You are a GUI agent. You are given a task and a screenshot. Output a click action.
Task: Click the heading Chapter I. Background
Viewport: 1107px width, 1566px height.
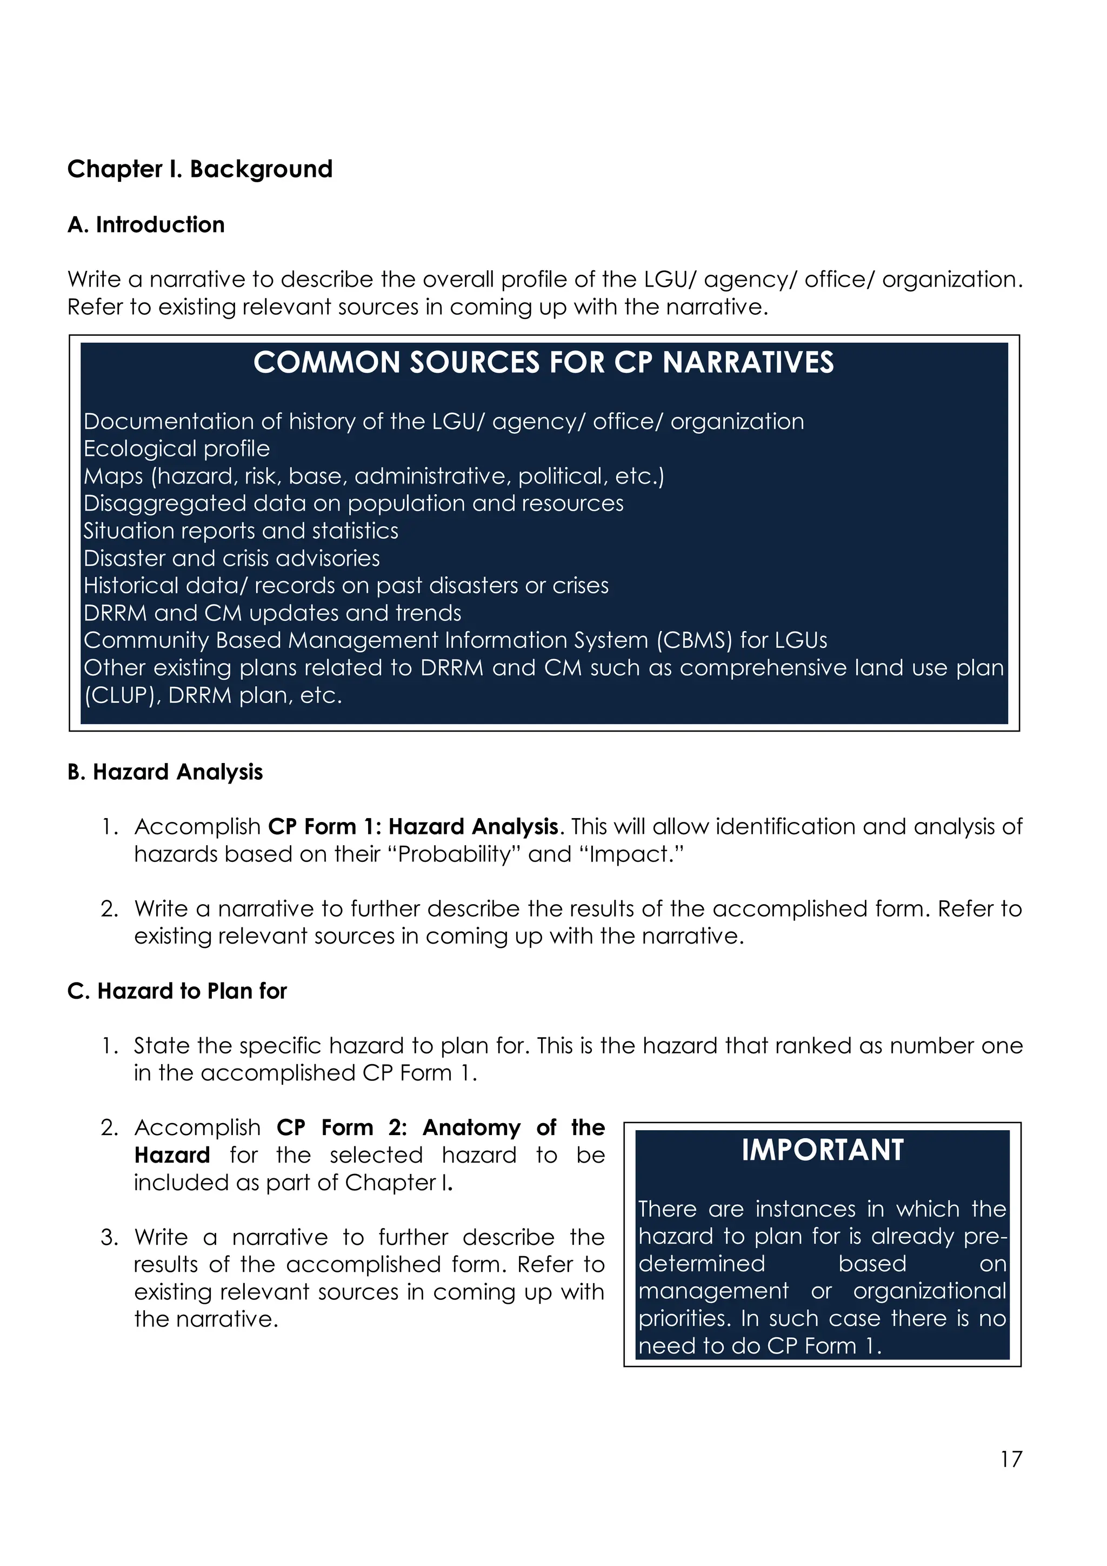click(x=199, y=169)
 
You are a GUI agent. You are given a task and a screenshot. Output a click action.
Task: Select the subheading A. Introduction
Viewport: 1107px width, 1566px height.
click(x=146, y=225)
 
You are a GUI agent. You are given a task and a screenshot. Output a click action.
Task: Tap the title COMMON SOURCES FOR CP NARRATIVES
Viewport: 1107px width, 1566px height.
click(x=543, y=363)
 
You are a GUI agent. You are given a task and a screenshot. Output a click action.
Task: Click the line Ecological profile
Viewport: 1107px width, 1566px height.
click(x=177, y=449)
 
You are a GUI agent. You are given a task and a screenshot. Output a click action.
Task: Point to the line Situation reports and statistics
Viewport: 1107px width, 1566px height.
click(x=241, y=530)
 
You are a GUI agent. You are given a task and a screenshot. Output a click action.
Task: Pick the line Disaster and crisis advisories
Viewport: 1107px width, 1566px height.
click(x=231, y=558)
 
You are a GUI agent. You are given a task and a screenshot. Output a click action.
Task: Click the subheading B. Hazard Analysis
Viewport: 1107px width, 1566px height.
click(x=165, y=772)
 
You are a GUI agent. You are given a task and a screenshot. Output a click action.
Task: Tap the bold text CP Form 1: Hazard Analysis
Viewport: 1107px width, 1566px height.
click(x=413, y=827)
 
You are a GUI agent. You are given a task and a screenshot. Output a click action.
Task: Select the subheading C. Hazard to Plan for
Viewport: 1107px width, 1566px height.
click(x=177, y=991)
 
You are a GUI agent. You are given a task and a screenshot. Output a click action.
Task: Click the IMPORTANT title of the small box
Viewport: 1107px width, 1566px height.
click(x=822, y=1151)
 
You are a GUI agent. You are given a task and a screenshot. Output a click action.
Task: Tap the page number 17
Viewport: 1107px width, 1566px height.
click(x=1011, y=1459)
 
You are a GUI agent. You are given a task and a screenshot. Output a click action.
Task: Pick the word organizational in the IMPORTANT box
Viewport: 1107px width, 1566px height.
click(x=929, y=1291)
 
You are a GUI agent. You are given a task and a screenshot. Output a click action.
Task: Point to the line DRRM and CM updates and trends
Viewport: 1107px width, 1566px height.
click(x=272, y=613)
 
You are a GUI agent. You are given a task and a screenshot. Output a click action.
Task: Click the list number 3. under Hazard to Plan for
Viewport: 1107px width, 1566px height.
click(x=109, y=1237)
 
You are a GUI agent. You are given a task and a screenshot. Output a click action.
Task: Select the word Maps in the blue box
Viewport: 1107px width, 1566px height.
click(x=113, y=476)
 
